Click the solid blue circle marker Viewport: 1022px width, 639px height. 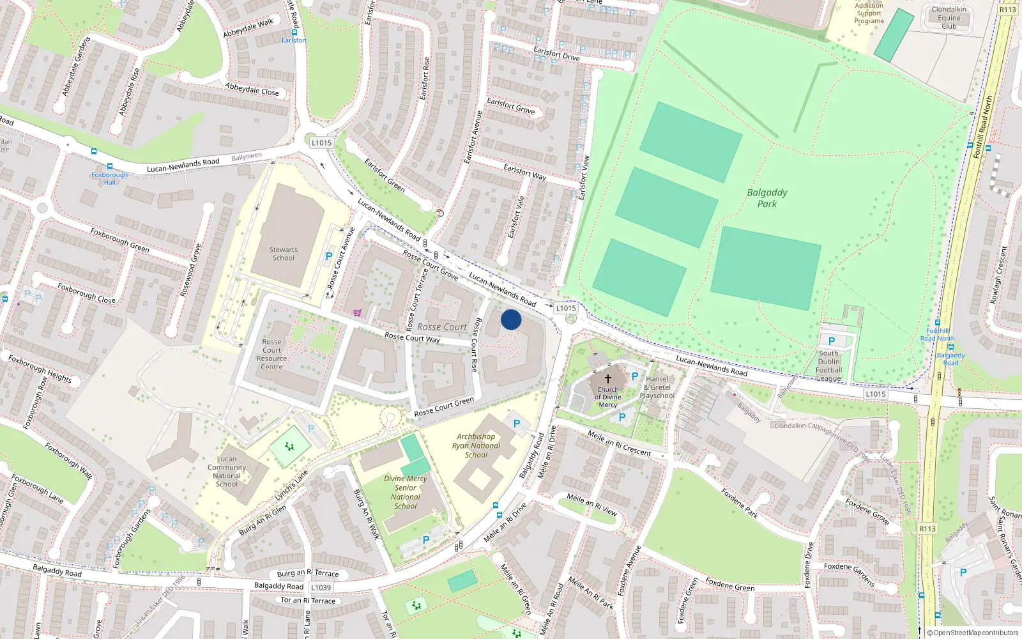pos(511,319)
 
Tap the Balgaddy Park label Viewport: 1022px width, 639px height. pos(767,198)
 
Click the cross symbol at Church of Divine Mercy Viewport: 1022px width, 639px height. pos(608,378)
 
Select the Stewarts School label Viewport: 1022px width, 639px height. pos(284,254)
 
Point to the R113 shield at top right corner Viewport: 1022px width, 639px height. pos(1007,10)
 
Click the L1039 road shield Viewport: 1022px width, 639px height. pos(321,587)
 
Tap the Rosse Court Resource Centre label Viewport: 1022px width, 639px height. pos(271,355)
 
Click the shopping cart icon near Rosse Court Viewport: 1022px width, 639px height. pos(357,312)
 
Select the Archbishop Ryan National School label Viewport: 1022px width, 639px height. pos(477,446)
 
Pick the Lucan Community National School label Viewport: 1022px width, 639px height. pos(227,472)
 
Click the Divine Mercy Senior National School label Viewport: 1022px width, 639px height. pos(406,492)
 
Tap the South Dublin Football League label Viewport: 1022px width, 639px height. pos(829,366)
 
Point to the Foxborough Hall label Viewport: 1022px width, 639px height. pos(109,178)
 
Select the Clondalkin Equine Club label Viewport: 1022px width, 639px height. pos(949,18)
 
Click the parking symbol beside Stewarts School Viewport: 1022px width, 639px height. pos(329,256)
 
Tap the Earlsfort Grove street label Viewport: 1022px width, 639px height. pos(510,105)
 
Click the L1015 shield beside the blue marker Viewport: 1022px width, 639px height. pos(566,308)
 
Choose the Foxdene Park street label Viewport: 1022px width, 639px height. pos(740,504)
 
